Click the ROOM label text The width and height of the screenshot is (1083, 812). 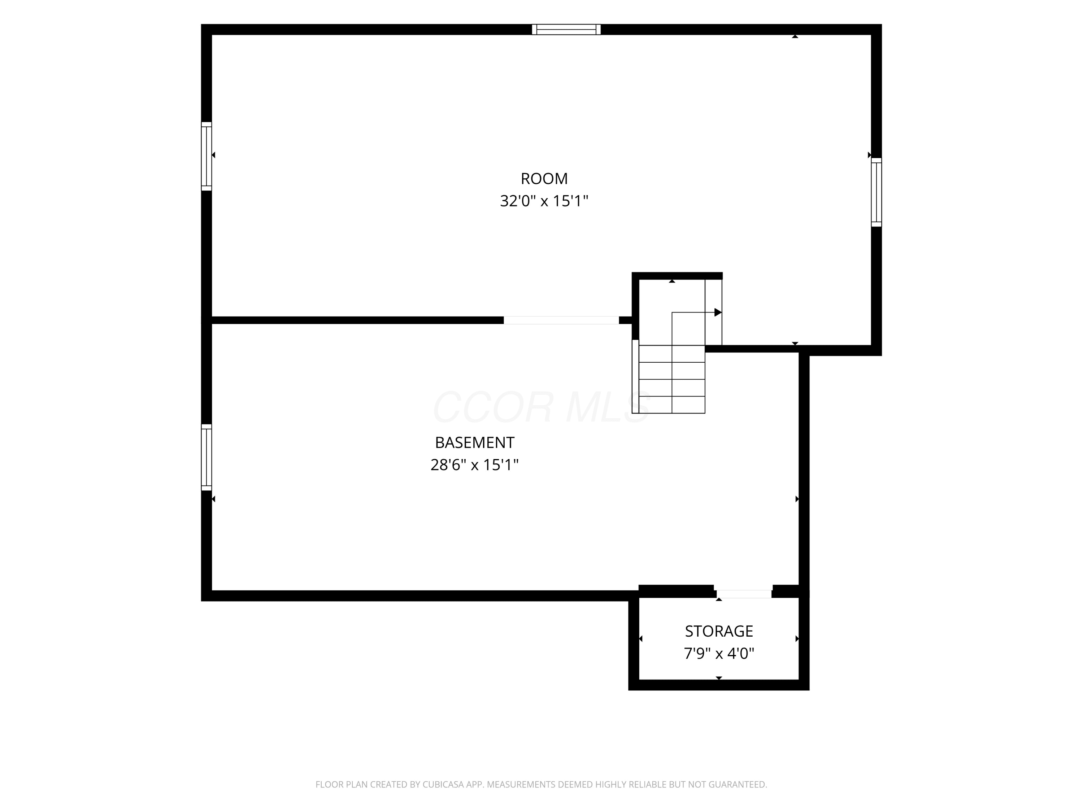(544, 179)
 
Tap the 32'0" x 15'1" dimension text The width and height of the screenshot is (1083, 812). (544, 201)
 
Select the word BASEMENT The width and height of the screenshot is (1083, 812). (474, 442)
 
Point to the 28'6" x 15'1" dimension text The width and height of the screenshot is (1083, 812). (474, 464)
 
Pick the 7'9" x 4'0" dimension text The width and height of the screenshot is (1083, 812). (719, 654)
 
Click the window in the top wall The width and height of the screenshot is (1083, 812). (566, 29)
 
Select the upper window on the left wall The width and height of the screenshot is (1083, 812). (206, 156)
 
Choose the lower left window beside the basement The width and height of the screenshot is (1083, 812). (206, 457)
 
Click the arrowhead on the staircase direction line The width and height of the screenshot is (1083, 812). (718, 312)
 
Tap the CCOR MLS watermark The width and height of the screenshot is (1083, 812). (541, 407)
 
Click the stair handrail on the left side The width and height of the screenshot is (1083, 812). (635, 376)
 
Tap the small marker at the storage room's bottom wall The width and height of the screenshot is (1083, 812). (719, 678)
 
